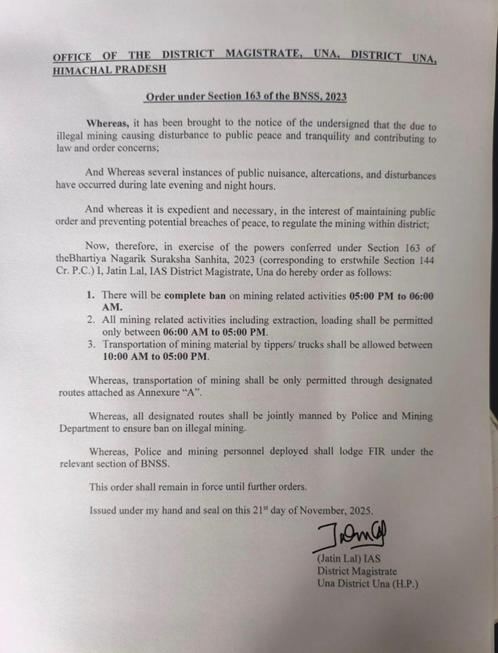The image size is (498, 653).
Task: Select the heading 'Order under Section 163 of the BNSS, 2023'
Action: tap(245, 96)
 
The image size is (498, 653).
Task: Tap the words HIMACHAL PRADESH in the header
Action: tap(109, 69)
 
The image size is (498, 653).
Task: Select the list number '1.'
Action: tap(90, 297)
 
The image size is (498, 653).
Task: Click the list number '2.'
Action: tap(90, 320)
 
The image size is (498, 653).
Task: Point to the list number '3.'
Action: tap(90, 345)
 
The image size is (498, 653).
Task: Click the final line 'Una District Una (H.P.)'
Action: tap(368, 584)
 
